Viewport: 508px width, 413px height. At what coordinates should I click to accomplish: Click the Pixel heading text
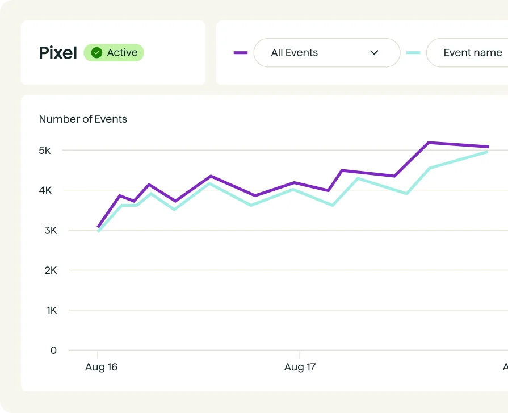[x=58, y=53]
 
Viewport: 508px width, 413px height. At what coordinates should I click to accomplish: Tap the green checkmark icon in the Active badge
[x=97, y=53]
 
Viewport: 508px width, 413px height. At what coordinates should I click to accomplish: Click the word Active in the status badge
[x=122, y=53]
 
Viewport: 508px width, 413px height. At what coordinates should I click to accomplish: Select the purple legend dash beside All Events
[x=241, y=53]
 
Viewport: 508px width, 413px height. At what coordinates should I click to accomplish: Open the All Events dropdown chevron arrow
[x=374, y=53]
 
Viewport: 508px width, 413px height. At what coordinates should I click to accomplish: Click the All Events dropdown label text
[x=294, y=53]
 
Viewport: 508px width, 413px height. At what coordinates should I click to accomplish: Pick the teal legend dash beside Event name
[x=413, y=53]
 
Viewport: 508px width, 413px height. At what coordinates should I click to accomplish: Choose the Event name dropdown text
[x=472, y=53]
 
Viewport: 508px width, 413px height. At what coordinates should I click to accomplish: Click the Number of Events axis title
[x=83, y=119]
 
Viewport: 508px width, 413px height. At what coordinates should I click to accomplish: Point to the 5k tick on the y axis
[x=45, y=151]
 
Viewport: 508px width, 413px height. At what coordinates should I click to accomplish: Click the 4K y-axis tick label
[x=45, y=190]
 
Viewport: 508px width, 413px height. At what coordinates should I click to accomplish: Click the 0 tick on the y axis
[x=53, y=351]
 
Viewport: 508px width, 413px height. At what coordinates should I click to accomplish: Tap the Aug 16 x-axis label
[x=101, y=367]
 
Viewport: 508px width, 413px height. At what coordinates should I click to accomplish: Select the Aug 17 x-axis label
[x=300, y=367]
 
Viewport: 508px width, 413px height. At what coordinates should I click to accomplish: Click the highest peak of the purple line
[x=429, y=143]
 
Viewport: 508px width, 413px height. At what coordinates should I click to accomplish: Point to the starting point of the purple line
[x=98, y=227]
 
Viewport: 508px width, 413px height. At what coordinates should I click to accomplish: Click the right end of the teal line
[x=487, y=152]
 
